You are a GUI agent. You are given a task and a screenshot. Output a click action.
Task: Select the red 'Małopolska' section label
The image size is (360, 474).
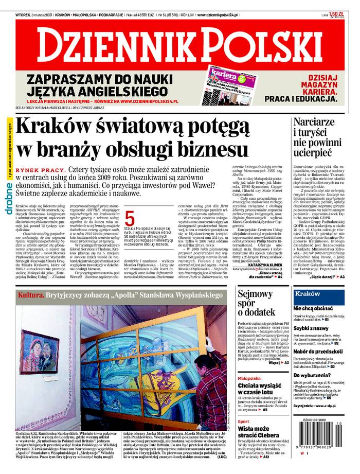(x=248, y=378)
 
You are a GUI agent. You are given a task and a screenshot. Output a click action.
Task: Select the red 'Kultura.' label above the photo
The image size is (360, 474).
(x=31, y=295)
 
